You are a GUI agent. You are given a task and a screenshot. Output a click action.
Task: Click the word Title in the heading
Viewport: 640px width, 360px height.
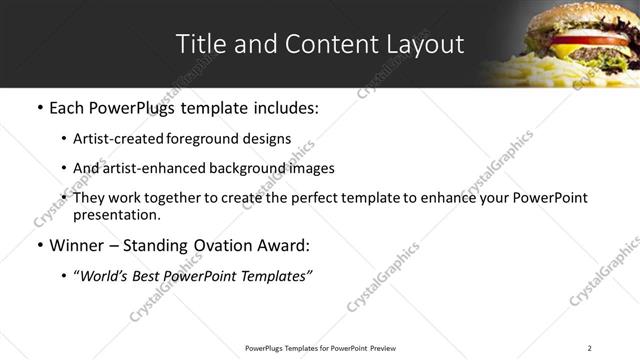(199, 44)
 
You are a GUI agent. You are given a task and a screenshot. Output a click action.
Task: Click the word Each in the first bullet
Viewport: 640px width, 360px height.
(67, 107)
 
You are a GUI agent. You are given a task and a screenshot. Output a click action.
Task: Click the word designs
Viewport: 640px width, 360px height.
(268, 139)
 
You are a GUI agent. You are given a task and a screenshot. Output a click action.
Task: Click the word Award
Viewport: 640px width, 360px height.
(282, 246)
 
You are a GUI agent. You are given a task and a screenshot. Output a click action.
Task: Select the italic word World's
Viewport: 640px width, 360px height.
(106, 276)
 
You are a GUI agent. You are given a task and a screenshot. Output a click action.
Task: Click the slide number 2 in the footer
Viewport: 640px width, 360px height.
(589, 348)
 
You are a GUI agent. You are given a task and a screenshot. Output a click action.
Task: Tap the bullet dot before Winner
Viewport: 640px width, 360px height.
(39, 246)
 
